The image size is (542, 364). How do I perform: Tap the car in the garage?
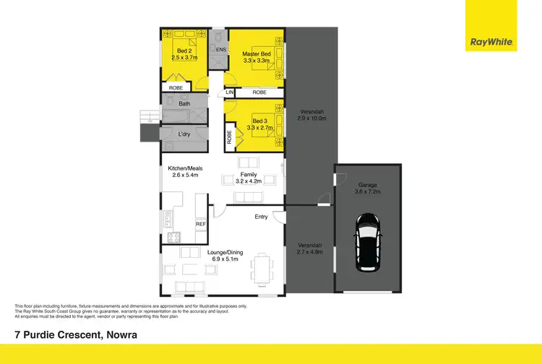point(369,240)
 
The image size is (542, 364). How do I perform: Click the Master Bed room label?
point(256,54)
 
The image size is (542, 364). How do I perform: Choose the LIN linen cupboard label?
point(230,92)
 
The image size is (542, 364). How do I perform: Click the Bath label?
point(184,104)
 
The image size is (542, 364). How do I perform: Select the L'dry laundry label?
point(184,134)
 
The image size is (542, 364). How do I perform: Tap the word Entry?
point(261,217)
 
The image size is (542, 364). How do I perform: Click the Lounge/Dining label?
point(228,252)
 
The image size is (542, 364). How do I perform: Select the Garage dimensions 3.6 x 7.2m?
point(366,193)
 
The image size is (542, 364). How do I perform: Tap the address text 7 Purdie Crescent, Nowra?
point(76,335)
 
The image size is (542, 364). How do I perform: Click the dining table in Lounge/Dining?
point(262,270)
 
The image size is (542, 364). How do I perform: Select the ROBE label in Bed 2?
point(176,87)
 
